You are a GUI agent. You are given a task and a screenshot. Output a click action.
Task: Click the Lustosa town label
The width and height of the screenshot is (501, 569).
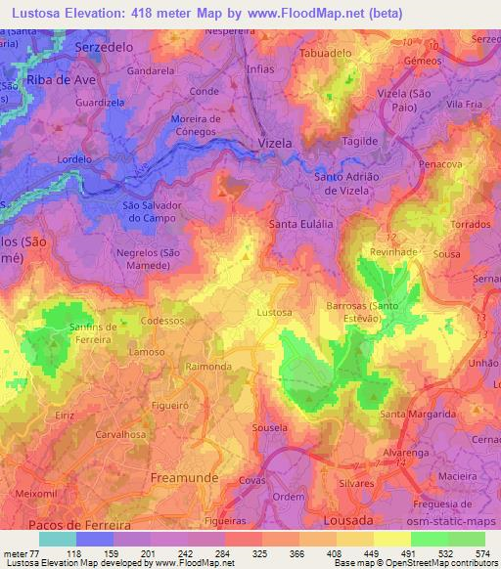(273, 312)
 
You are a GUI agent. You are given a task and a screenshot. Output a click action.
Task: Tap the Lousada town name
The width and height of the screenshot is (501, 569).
(350, 519)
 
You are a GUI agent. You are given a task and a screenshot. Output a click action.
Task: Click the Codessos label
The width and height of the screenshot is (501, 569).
(162, 321)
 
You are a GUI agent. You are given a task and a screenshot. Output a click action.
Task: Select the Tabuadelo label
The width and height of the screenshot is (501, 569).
(326, 53)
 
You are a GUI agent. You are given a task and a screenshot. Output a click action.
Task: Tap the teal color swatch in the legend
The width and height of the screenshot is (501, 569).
(58, 539)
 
